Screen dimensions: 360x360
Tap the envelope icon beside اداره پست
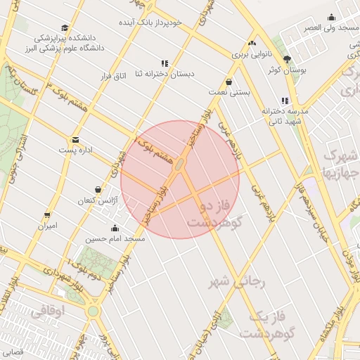click(x=76, y=139)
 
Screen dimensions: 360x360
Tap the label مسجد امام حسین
click(x=115, y=239)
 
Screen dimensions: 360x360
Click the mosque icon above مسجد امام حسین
click(x=115, y=228)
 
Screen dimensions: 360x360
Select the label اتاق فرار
click(x=129, y=75)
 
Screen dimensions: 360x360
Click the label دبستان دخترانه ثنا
click(x=165, y=73)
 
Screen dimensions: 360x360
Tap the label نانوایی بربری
click(x=250, y=53)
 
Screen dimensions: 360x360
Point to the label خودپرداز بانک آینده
click(x=153, y=22)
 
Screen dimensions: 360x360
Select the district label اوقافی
click(x=49, y=309)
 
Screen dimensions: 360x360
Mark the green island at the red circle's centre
click(x=180, y=165)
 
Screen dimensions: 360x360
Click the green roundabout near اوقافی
click(x=93, y=310)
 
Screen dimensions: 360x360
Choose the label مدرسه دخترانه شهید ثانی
click(x=285, y=116)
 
